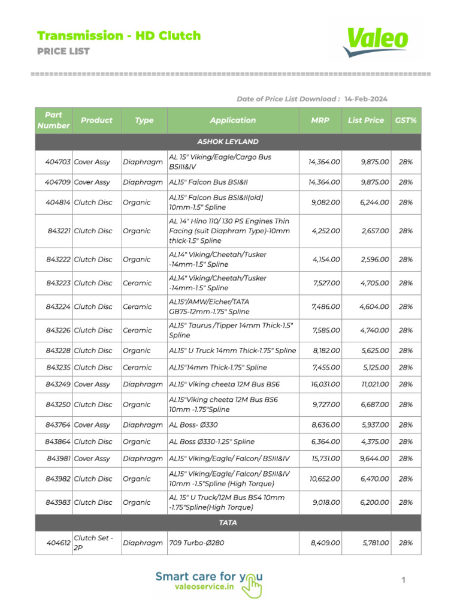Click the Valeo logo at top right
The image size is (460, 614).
[x=376, y=41]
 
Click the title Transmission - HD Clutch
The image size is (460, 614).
[x=119, y=36]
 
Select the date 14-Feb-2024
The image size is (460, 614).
[x=366, y=99]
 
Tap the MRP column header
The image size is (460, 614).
[x=320, y=121]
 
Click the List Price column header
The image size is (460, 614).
[x=365, y=121]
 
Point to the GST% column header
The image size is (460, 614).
[x=405, y=121]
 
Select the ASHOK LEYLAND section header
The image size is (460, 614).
[x=228, y=142]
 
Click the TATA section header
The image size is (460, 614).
[x=228, y=523]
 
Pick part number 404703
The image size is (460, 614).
[x=58, y=162]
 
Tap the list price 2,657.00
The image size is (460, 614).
[x=375, y=231]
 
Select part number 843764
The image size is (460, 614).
[x=58, y=425]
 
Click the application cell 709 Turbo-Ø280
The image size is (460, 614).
[x=198, y=543]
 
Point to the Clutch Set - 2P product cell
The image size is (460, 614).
[x=93, y=543]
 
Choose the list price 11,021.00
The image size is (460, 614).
[x=374, y=384]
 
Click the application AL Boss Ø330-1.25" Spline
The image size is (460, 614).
[x=211, y=442]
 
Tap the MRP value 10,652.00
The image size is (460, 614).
[x=325, y=479]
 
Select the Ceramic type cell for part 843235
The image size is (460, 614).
[x=137, y=368]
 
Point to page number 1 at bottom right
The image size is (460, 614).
[x=404, y=580]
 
